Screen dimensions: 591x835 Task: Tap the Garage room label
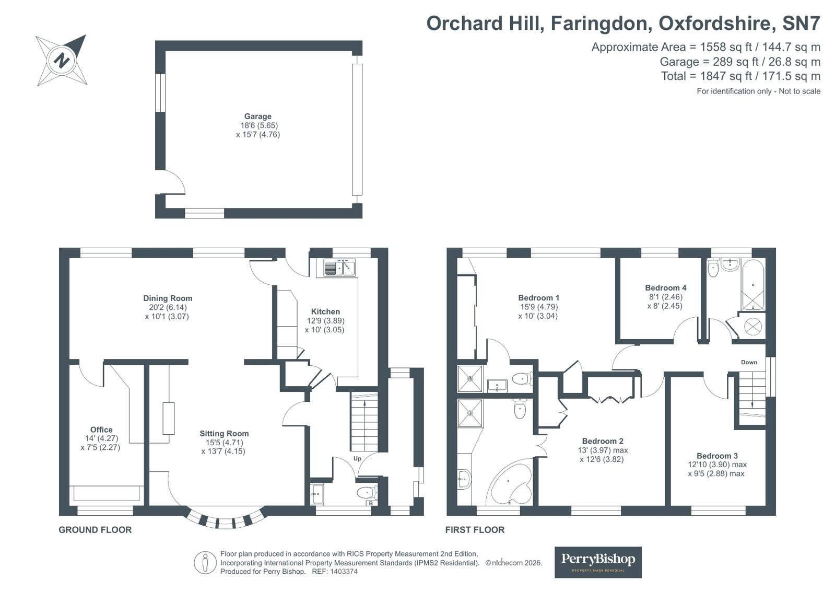click(x=257, y=117)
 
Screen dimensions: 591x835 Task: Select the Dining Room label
click(x=168, y=298)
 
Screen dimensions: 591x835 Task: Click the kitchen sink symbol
click(x=339, y=268)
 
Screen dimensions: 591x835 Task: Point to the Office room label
click(x=101, y=430)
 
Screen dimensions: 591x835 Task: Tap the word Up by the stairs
click(x=358, y=459)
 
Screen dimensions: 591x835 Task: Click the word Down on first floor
click(x=749, y=362)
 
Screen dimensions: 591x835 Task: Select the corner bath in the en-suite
click(x=510, y=483)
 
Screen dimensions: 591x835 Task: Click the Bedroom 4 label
click(x=665, y=288)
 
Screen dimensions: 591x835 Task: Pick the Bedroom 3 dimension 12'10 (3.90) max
click(x=717, y=465)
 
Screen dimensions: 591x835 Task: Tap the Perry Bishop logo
click(x=597, y=562)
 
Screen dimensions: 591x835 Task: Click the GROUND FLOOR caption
click(x=95, y=530)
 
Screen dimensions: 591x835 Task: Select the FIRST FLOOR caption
click(x=475, y=530)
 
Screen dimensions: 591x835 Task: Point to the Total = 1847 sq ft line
click(x=740, y=76)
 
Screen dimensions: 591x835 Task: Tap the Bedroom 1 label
click(x=538, y=298)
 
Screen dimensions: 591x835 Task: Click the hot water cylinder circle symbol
click(x=752, y=327)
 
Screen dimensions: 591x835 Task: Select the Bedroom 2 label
click(x=603, y=441)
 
